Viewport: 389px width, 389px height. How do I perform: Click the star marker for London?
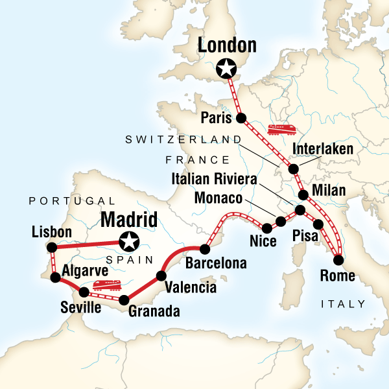[226, 67]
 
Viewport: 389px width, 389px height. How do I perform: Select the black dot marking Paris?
[241, 118]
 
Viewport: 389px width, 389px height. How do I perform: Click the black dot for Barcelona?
[205, 249]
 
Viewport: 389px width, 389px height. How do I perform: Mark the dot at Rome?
[338, 261]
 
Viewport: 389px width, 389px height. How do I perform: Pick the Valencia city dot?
[160, 276]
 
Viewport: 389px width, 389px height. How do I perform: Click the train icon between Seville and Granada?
[105, 285]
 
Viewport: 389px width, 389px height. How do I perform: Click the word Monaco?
[219, 198]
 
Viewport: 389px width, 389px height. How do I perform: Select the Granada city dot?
[123, 299]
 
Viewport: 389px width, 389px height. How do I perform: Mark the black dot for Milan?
[303, 194]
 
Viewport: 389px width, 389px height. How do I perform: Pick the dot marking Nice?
[266, 228]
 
